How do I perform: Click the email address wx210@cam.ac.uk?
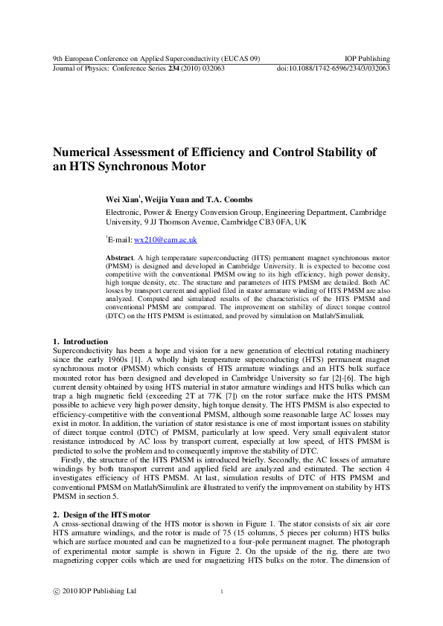pos(165,240)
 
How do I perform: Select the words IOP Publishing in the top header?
pos(368,59)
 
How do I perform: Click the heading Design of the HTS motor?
pos(106,514)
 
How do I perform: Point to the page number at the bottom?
pos(222,592)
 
